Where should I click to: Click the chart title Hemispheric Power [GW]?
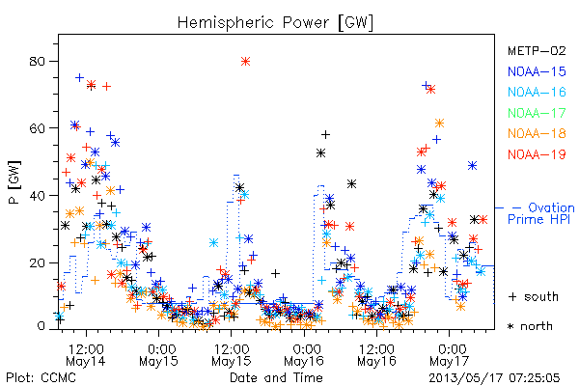275,23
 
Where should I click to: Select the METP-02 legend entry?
537,50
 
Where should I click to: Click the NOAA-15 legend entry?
537,71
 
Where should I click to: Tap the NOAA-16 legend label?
537,92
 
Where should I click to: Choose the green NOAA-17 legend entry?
537,113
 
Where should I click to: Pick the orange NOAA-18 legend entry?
537,133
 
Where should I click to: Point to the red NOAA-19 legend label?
537,154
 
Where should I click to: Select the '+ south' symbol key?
534,296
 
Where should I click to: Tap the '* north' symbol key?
530,326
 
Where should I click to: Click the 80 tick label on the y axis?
38,62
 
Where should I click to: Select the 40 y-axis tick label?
38,195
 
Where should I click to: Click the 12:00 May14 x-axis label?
86,354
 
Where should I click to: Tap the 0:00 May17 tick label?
450,354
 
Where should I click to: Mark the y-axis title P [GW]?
14,182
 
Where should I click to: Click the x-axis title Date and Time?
276,377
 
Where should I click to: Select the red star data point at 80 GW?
245,62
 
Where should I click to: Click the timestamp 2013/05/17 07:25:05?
494,378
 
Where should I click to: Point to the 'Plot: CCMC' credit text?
41,377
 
